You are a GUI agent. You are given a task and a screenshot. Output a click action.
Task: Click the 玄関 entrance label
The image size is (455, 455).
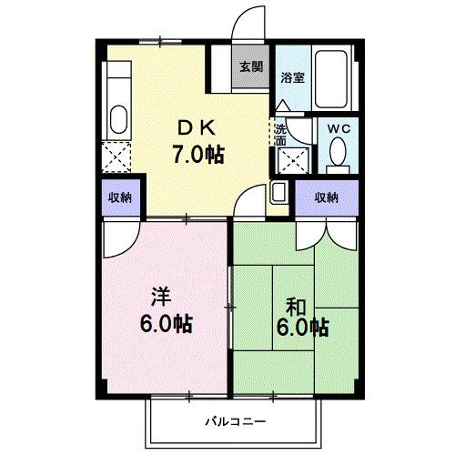251,66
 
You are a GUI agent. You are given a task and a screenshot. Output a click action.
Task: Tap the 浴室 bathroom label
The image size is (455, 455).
293,78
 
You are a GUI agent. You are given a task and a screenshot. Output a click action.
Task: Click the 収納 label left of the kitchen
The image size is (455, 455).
117,197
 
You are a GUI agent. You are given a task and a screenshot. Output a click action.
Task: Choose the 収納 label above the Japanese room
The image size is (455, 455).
327,197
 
